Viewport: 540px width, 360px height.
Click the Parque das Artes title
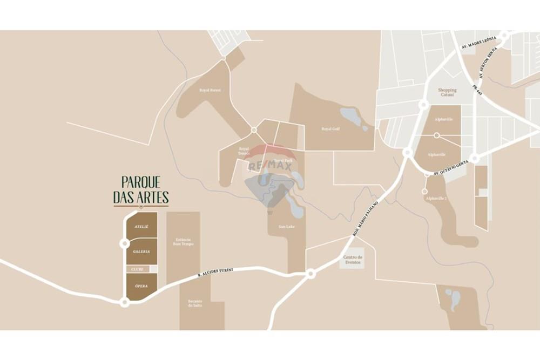click(141, 190)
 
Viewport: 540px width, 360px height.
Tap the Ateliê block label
click(141, 227)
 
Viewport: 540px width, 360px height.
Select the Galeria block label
click(141, 252)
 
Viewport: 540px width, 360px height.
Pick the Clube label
click(136, 269)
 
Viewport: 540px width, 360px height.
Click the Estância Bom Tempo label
click(183, 242)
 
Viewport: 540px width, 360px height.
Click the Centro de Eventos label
click(353, 261)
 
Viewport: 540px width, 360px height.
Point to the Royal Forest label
click(210, 90)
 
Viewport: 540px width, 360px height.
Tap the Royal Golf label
click(330, 129)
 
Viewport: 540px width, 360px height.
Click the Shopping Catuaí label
click(447, 92)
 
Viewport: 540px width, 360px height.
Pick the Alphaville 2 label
click(436, 199)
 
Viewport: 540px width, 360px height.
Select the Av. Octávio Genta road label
click(451, 171)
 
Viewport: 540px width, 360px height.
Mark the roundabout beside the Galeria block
click(124, 243)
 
